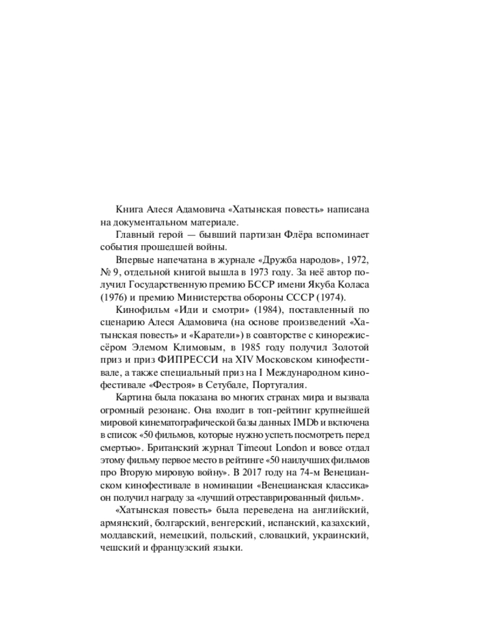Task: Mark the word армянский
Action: [x=124, y=523]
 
